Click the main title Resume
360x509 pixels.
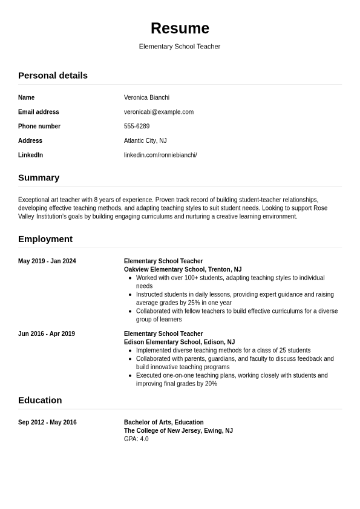[x=180, y=28]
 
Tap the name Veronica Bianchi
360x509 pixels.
[x=146, y=97]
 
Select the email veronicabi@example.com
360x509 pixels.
[x=159, y=112]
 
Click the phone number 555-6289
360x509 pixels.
[x=137, y=126]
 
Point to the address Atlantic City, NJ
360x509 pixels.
[x=145, y=141]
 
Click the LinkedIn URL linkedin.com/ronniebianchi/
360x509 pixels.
[x=160, y=156]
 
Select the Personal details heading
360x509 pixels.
[x=53, y=76]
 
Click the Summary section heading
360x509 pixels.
[x=39, y=178]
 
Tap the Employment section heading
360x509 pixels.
[x=45, y=239]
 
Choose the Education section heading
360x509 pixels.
[x=40, y=400]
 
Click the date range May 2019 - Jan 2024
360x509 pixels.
[x=47, y=261]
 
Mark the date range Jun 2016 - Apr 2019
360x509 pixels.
[x=47, y=334]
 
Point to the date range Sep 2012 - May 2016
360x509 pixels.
[x=47, y=422]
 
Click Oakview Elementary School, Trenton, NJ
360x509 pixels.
[x=183, y=270]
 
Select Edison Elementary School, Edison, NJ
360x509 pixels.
[x=179, y=343]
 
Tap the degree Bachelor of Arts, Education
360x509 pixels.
[x=163, y=422]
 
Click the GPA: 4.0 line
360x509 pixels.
[x=136, y=439]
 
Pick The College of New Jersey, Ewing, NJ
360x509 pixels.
[x=178, y=431]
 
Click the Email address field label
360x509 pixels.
[x=39, y=112]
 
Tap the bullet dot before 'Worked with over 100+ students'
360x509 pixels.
[x=130, y=278]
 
